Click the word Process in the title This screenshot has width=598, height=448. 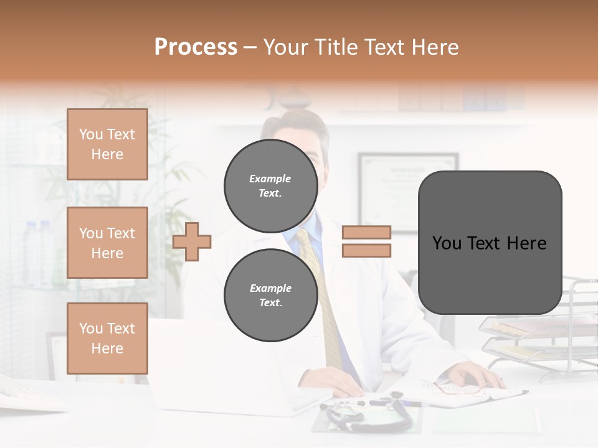196,47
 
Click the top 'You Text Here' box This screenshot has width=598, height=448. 107,144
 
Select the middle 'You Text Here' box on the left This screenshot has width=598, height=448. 107,243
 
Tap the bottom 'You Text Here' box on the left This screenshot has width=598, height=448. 107,338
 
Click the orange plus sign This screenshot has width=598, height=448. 192,241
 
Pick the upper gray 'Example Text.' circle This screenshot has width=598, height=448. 270,185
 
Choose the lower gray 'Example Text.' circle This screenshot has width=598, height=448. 270,295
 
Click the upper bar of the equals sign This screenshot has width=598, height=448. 366,233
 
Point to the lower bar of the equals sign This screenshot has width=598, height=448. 366,250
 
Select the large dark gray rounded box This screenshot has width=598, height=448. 490,243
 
